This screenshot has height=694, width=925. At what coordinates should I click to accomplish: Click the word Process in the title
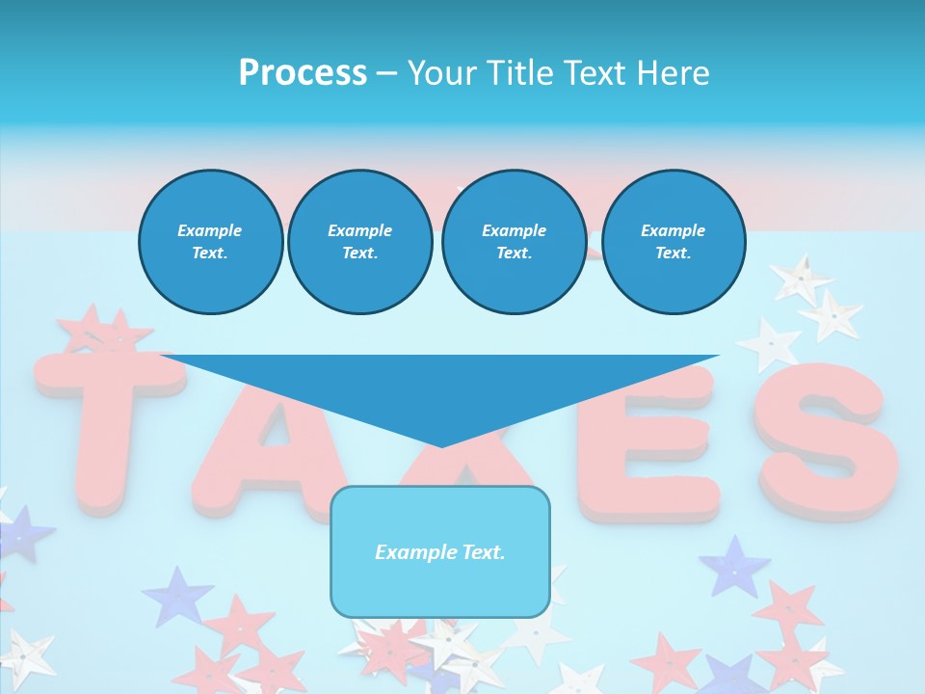click(303, 72)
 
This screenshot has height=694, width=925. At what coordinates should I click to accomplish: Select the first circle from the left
click(210, 242)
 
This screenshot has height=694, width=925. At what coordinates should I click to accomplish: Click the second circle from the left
click(359, 242)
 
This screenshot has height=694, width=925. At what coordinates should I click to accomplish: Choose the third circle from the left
click(514, 242)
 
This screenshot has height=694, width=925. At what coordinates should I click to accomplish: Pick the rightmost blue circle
click(673, 242)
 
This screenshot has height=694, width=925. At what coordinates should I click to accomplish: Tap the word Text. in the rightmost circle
click(673, 254)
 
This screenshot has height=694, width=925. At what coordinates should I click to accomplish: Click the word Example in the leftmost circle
click(210, 230)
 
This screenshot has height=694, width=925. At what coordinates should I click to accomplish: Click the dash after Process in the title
click(386, 73)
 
